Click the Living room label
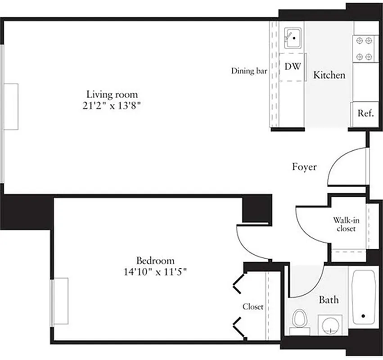[x=112, y=94]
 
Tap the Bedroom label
[x=155, y=260]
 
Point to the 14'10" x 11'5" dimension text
[x=155, y=272]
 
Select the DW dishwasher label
[x=293, y=66]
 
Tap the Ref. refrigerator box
[x=365, y=114]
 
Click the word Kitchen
[x=329, y=75]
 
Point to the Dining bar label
[x=249, y=71]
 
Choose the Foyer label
[x=304, y=167]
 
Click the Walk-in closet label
[x=344, y=224]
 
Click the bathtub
[x=364, y=297]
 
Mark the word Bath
[x=329, y=300]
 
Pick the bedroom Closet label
[x=253, y=307]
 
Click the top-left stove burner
[x=360, y=41]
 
